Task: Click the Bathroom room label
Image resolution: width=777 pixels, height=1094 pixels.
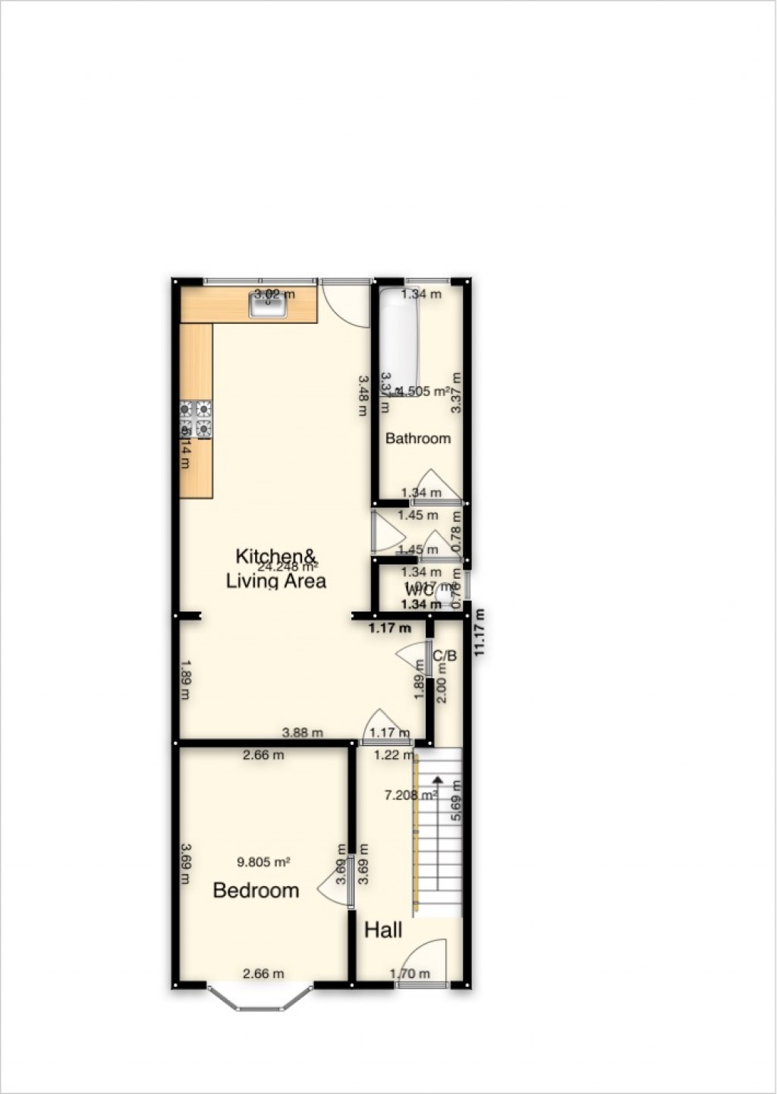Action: coord(417,438)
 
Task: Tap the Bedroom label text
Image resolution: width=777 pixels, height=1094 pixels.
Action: coord(256,890)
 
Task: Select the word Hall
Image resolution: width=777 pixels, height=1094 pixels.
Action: coord(383,929)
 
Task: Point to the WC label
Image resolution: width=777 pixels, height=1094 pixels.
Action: coord(419,589)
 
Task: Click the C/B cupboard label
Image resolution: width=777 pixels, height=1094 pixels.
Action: coord(444,655)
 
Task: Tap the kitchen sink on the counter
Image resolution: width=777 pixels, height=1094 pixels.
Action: coord(267,306)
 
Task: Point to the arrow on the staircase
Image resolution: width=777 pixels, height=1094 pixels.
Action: coord(437,779)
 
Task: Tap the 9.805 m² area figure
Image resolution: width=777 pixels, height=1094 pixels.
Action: coord(264,862)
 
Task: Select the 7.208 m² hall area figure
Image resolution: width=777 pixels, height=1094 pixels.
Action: coord(411,795)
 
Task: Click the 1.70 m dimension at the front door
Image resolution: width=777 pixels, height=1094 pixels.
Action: coord(410,974)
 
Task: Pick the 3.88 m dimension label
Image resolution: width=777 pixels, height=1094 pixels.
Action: coord(302,733)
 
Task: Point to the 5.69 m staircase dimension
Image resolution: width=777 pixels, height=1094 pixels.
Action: coord(456,801)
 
